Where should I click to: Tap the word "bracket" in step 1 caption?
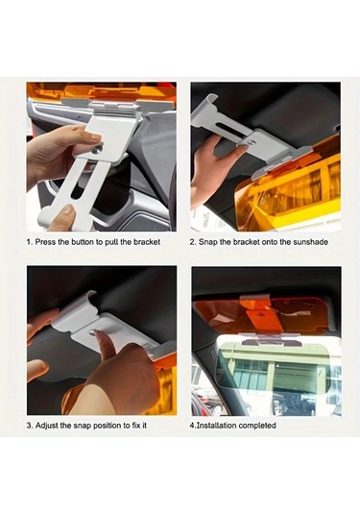[147, 242]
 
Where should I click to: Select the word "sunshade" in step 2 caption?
[309, 242]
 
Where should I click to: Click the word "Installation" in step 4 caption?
[215, 425]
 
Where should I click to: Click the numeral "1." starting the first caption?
[30, 242]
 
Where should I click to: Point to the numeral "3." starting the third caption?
[30, 425]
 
